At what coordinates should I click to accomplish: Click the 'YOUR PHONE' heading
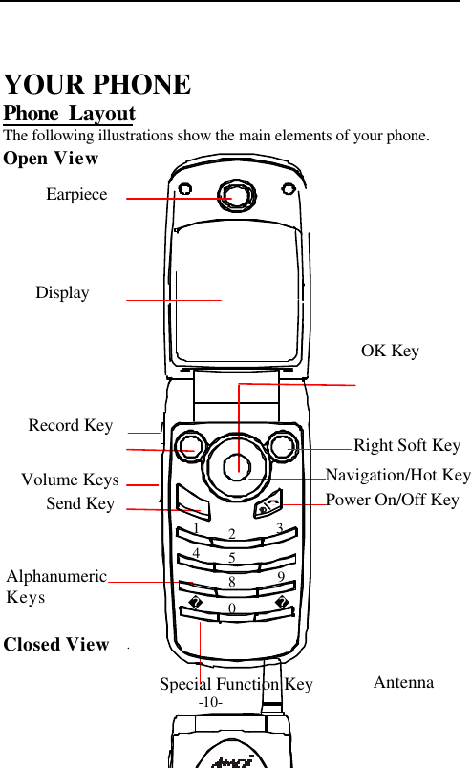[97, 85]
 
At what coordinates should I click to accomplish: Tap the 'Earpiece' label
[76, 194]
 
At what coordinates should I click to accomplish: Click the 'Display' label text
[62, 292]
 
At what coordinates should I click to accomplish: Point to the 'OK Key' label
[390, 352]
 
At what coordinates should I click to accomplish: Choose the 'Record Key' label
[71, 425]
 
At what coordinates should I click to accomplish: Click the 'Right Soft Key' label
[407, 445]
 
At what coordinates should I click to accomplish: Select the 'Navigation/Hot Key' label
[397, 475]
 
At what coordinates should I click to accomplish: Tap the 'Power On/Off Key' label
[392, 500]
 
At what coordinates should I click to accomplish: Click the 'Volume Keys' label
[70, 480]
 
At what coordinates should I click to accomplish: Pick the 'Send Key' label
[80, 503]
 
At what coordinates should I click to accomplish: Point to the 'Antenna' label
[403, 682]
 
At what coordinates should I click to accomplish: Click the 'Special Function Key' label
[236, 684]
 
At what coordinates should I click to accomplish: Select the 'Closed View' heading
[56, 644]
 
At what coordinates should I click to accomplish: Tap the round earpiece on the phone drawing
[238, 197]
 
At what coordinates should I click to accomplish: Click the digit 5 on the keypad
[232, 557]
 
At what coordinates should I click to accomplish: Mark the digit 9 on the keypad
[281, 576]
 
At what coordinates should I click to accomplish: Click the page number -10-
[211, 702]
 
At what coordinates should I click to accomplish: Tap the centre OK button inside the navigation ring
[238, 466]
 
